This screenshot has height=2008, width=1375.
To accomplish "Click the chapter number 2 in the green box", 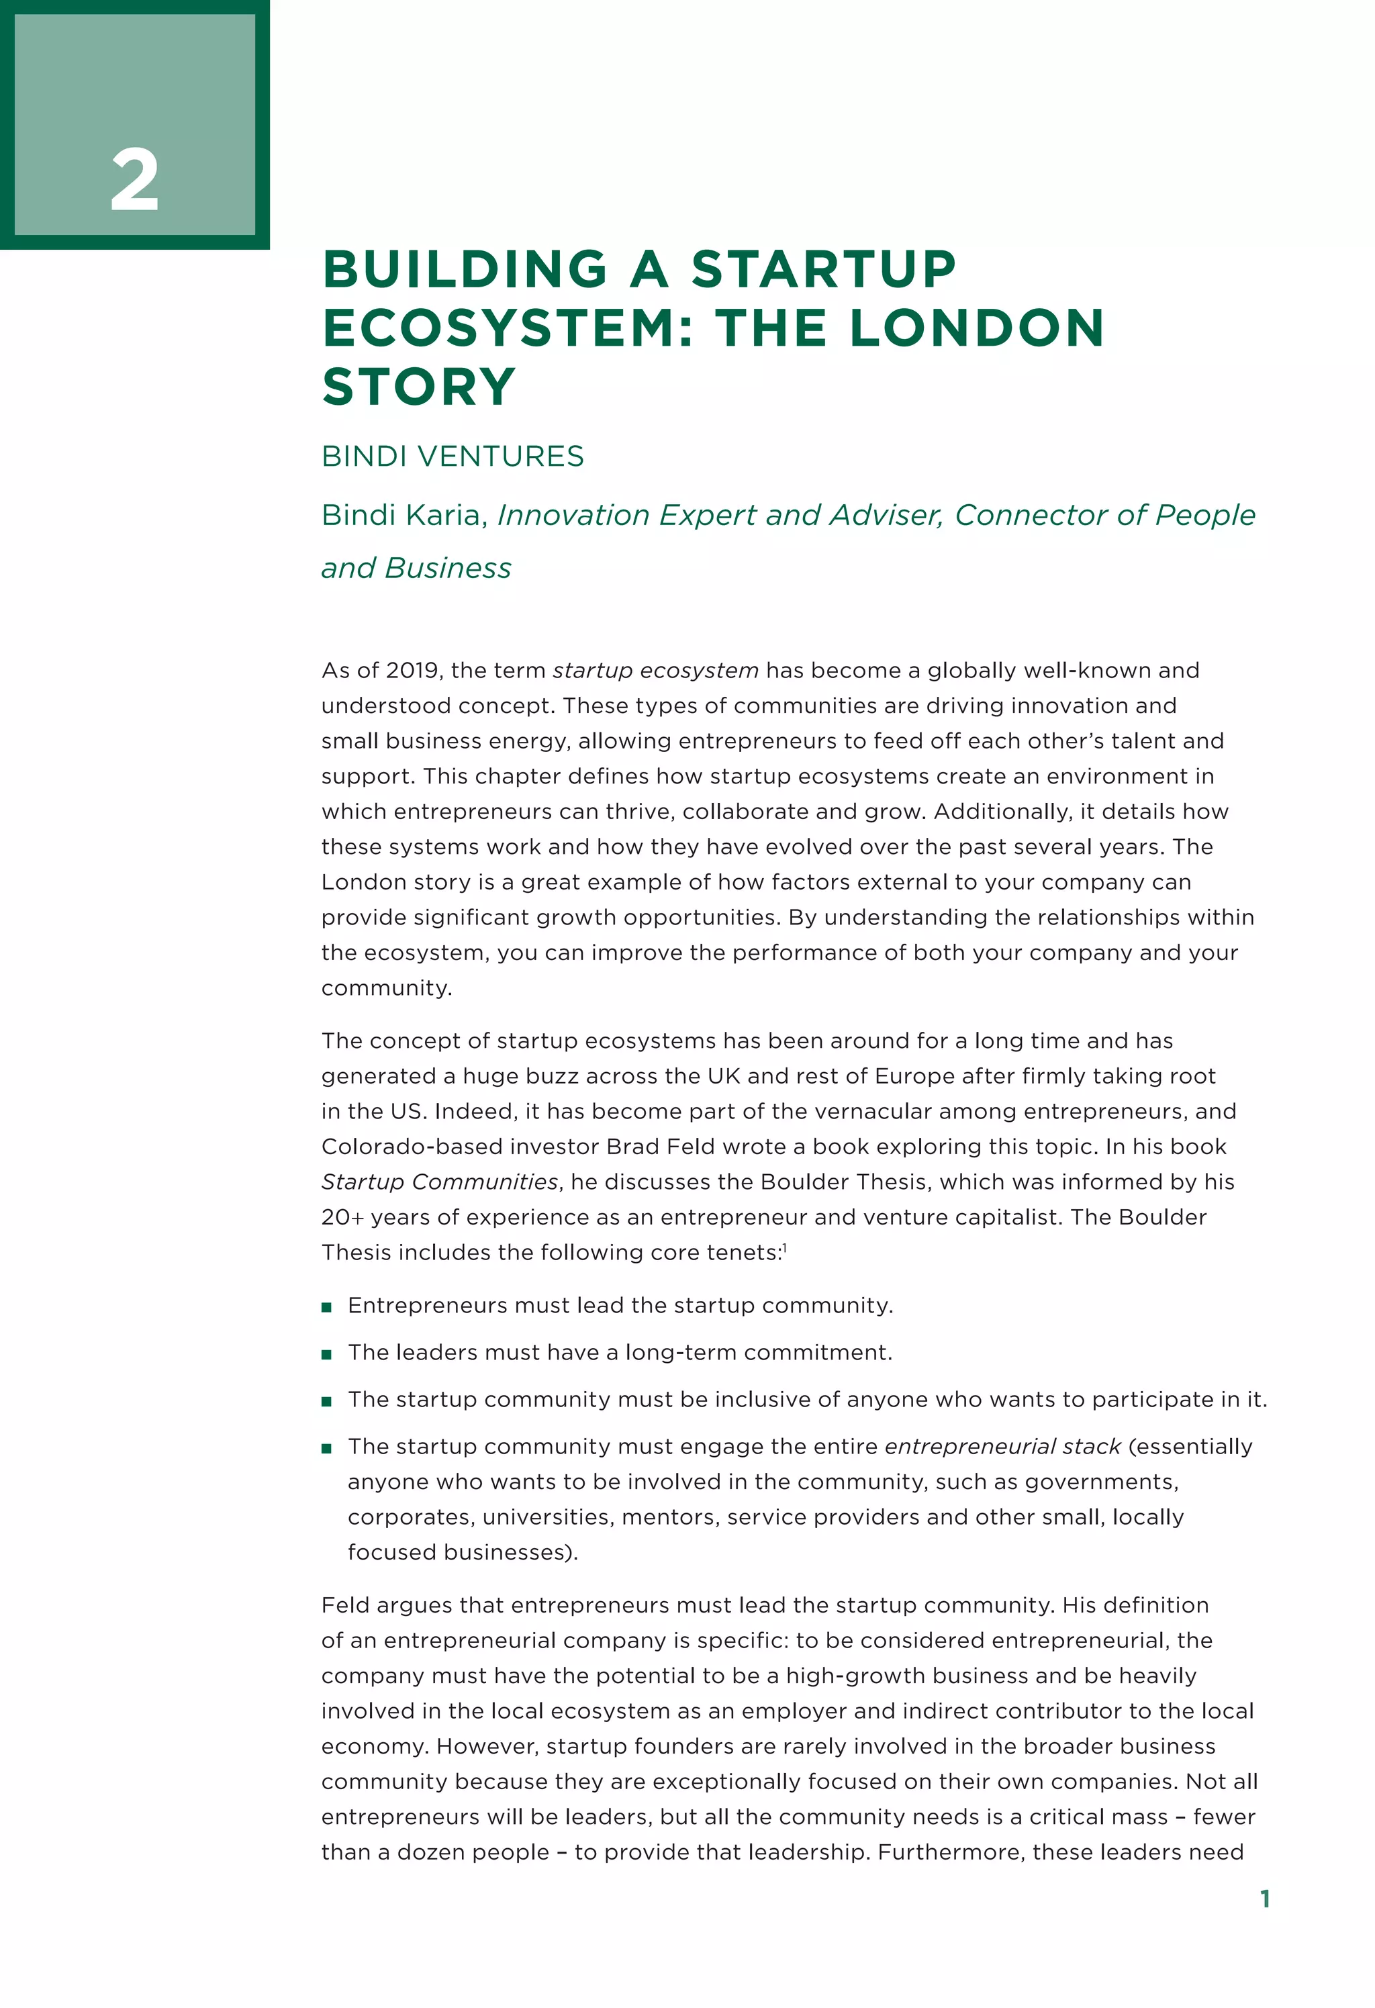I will (135, 180).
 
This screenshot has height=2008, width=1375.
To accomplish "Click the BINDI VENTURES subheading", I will (452, 457).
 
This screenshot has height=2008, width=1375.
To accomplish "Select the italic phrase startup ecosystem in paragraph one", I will (655, 671).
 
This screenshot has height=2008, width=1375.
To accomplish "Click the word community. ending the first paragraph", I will (386, 988).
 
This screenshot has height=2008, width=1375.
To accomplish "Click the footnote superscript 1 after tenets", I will (785, 1247).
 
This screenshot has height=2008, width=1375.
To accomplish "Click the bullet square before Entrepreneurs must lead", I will (327, 1307).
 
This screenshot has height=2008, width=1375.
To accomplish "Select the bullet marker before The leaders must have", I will (327, 1355).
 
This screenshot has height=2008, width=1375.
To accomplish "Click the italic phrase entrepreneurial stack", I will (1002, 1447).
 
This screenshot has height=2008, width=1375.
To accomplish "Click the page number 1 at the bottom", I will (1264, 1899).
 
